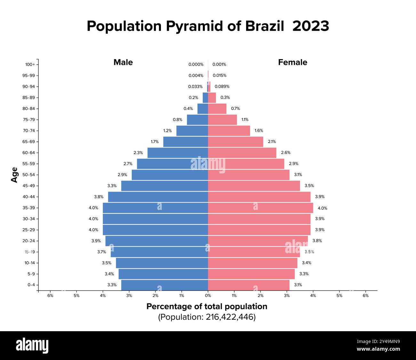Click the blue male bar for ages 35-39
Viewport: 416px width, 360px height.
(155, 208)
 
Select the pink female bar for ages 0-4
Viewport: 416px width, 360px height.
(249, 285)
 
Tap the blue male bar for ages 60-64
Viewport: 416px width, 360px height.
(178, 153)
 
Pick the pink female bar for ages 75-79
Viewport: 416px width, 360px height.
(222, 120)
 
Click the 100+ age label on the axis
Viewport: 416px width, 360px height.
(30, 65)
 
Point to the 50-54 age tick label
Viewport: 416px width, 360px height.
(28, 175)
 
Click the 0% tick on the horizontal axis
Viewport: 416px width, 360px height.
(208, 296)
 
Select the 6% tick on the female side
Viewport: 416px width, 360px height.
(365, 296)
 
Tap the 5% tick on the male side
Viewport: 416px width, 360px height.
(76, 296)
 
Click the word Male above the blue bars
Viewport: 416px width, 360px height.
(123, 62)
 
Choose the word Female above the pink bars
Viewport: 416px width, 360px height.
(292, 62)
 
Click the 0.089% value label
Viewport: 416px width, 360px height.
(222, 86)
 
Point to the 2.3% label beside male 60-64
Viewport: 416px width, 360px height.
(138, 153)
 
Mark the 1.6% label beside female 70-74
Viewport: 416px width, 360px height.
(259, 131)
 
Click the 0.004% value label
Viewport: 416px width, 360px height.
(196, 76)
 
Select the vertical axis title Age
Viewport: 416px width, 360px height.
(14, 175)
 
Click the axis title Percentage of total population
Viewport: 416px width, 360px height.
(207, 307)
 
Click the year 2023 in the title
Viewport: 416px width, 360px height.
(310, 26)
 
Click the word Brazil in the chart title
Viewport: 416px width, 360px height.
(264, 26)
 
